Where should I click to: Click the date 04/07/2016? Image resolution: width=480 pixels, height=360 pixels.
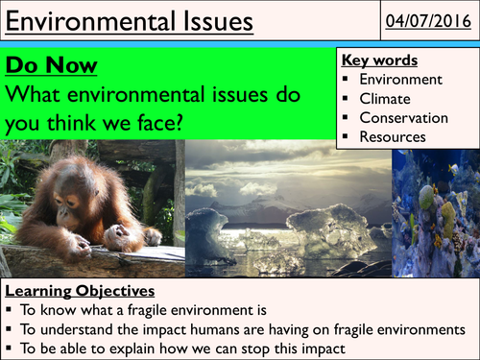[428, 21]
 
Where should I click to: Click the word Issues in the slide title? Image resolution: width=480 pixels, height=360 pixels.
[218, 21]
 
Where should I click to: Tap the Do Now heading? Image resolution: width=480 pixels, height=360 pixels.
[51, 65]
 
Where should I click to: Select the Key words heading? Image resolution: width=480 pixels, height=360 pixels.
[379, 60]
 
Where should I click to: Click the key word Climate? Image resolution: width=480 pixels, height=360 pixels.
[385, 99]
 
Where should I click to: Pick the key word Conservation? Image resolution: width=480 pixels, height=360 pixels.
[404, 118]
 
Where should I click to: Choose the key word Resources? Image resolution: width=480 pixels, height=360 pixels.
[393, 137]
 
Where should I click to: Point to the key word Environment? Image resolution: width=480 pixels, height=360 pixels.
[401, 80]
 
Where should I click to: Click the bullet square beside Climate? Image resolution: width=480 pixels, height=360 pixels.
[345, 98]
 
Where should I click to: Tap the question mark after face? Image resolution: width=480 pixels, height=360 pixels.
[179, 123]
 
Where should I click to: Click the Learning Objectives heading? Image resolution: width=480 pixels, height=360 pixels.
[80, 291]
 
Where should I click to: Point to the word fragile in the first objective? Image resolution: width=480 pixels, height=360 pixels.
[147, 310]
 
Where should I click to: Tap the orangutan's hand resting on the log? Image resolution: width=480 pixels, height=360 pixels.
[117, 236]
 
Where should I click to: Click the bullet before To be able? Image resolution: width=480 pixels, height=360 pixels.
[9, 348]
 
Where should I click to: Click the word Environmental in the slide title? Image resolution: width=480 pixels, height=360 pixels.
[92, 21]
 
